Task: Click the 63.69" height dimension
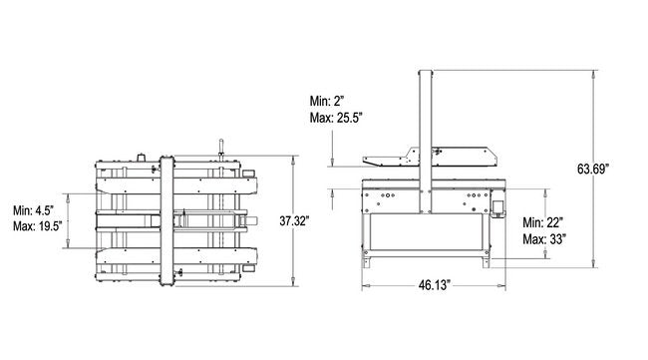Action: coord(593,170)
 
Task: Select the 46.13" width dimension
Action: coord(434,285)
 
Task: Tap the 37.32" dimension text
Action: coord(294,221)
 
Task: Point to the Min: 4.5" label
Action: coord(34,210)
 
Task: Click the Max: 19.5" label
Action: coord(38,226)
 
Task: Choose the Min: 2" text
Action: coord(326,101)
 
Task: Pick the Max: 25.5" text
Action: coord(336,118)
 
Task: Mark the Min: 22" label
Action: coord(542,222)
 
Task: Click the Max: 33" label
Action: coord(544,239)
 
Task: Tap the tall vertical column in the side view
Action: coord(426,142)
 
